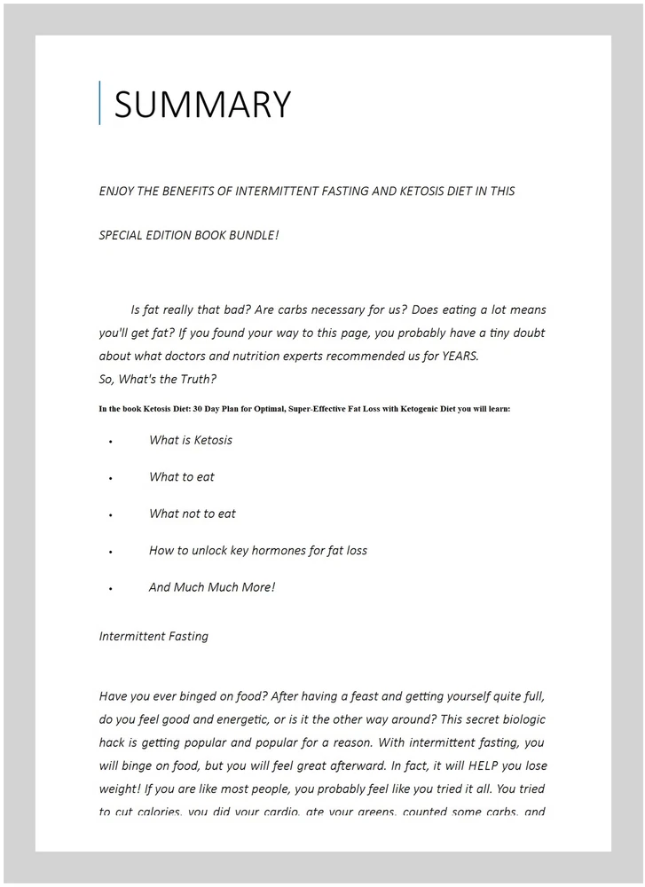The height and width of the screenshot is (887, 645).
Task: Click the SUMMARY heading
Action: click(202, 105)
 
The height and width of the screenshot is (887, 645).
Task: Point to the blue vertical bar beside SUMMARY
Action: click(99, 103)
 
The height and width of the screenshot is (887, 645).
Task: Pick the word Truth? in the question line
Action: click(196, 379)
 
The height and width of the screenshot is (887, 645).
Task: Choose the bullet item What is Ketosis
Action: click(191, 440)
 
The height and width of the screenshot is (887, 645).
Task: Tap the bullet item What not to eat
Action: click(193, 514)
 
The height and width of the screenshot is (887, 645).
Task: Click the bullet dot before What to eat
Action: click(111, 478)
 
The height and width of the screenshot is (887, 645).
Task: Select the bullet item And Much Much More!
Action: click(212, 587)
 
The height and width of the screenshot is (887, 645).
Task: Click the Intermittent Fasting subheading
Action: click(153, 636)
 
